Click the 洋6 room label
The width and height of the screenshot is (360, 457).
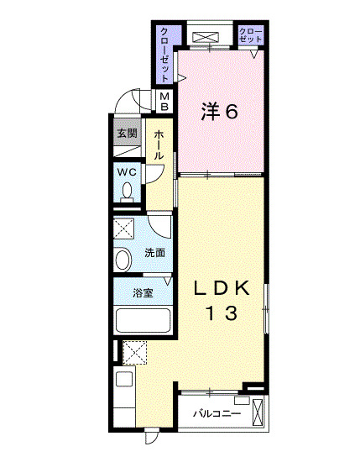click(220, 112)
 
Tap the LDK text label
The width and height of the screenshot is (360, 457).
click(222, 288)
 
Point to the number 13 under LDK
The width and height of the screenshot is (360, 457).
click(222, 313)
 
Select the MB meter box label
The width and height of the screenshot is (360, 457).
click(164, 101)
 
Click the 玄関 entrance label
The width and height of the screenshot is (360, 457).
click(128, 134)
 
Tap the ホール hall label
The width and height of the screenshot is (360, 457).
click(159, 144)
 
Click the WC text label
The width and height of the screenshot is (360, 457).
click(127, 172)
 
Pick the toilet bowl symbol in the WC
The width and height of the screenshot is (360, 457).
click(127, 192)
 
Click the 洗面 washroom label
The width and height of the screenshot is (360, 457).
click(155, 253)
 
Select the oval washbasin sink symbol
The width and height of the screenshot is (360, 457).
click(123, 259)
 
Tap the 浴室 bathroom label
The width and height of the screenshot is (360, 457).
click(143, 293)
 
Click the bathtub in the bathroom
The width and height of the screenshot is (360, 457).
click(143, 320)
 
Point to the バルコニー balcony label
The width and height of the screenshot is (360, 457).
click(217, 413)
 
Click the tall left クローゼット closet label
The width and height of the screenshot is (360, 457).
click(164, 55)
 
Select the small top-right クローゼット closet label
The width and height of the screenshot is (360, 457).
click(250, 35)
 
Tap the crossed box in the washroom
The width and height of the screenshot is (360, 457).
click(123, 228)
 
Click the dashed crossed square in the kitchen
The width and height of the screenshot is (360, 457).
click(135, 353)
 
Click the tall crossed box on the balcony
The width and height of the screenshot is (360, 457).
click(258, 412)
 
